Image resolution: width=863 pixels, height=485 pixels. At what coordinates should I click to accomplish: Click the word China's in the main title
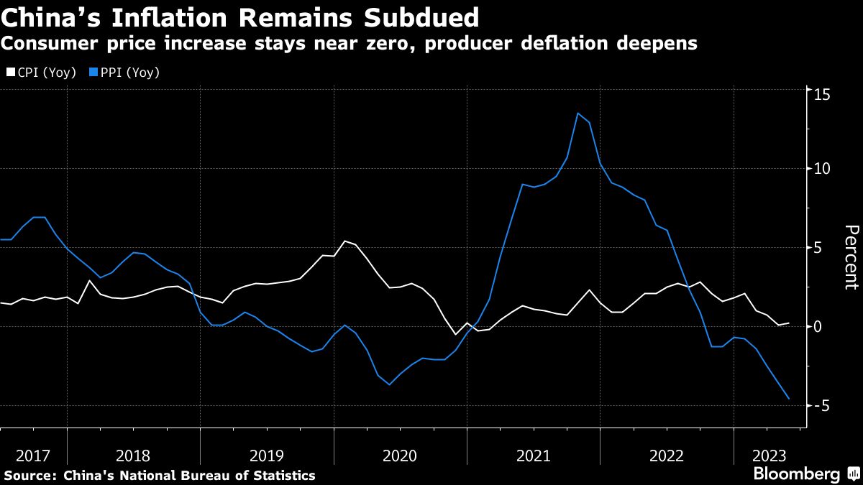[47, 16]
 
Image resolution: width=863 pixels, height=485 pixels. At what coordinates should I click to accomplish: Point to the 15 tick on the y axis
[822, 94]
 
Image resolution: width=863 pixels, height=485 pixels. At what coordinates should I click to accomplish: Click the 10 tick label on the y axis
[822, 169]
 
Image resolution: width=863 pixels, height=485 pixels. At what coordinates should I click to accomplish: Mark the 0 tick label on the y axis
[818, 326]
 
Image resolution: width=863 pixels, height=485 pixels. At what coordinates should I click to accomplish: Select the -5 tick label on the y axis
[820, 405]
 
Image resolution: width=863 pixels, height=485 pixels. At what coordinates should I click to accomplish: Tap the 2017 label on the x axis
[33, 456]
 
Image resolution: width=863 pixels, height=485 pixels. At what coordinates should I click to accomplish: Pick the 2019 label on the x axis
[267, 456]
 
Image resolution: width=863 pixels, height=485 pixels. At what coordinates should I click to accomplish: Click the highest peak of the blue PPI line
[577, 113]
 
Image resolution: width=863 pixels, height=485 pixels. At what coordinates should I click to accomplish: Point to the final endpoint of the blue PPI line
[789, 399]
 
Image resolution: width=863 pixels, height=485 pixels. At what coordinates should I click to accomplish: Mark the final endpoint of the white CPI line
[789, 323]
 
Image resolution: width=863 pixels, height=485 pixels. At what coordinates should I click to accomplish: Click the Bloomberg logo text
[796, 474]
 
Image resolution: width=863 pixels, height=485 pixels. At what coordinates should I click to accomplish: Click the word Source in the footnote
[29, 476]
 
